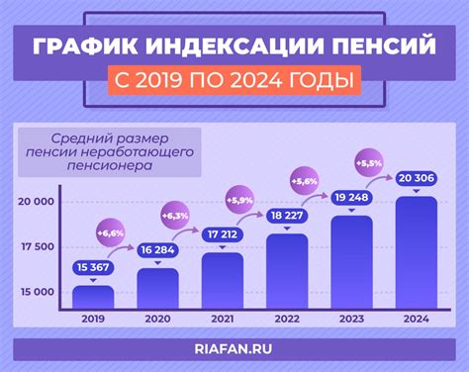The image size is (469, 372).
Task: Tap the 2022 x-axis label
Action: (x=288, y=319)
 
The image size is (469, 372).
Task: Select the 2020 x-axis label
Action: (x=158, y=319)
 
